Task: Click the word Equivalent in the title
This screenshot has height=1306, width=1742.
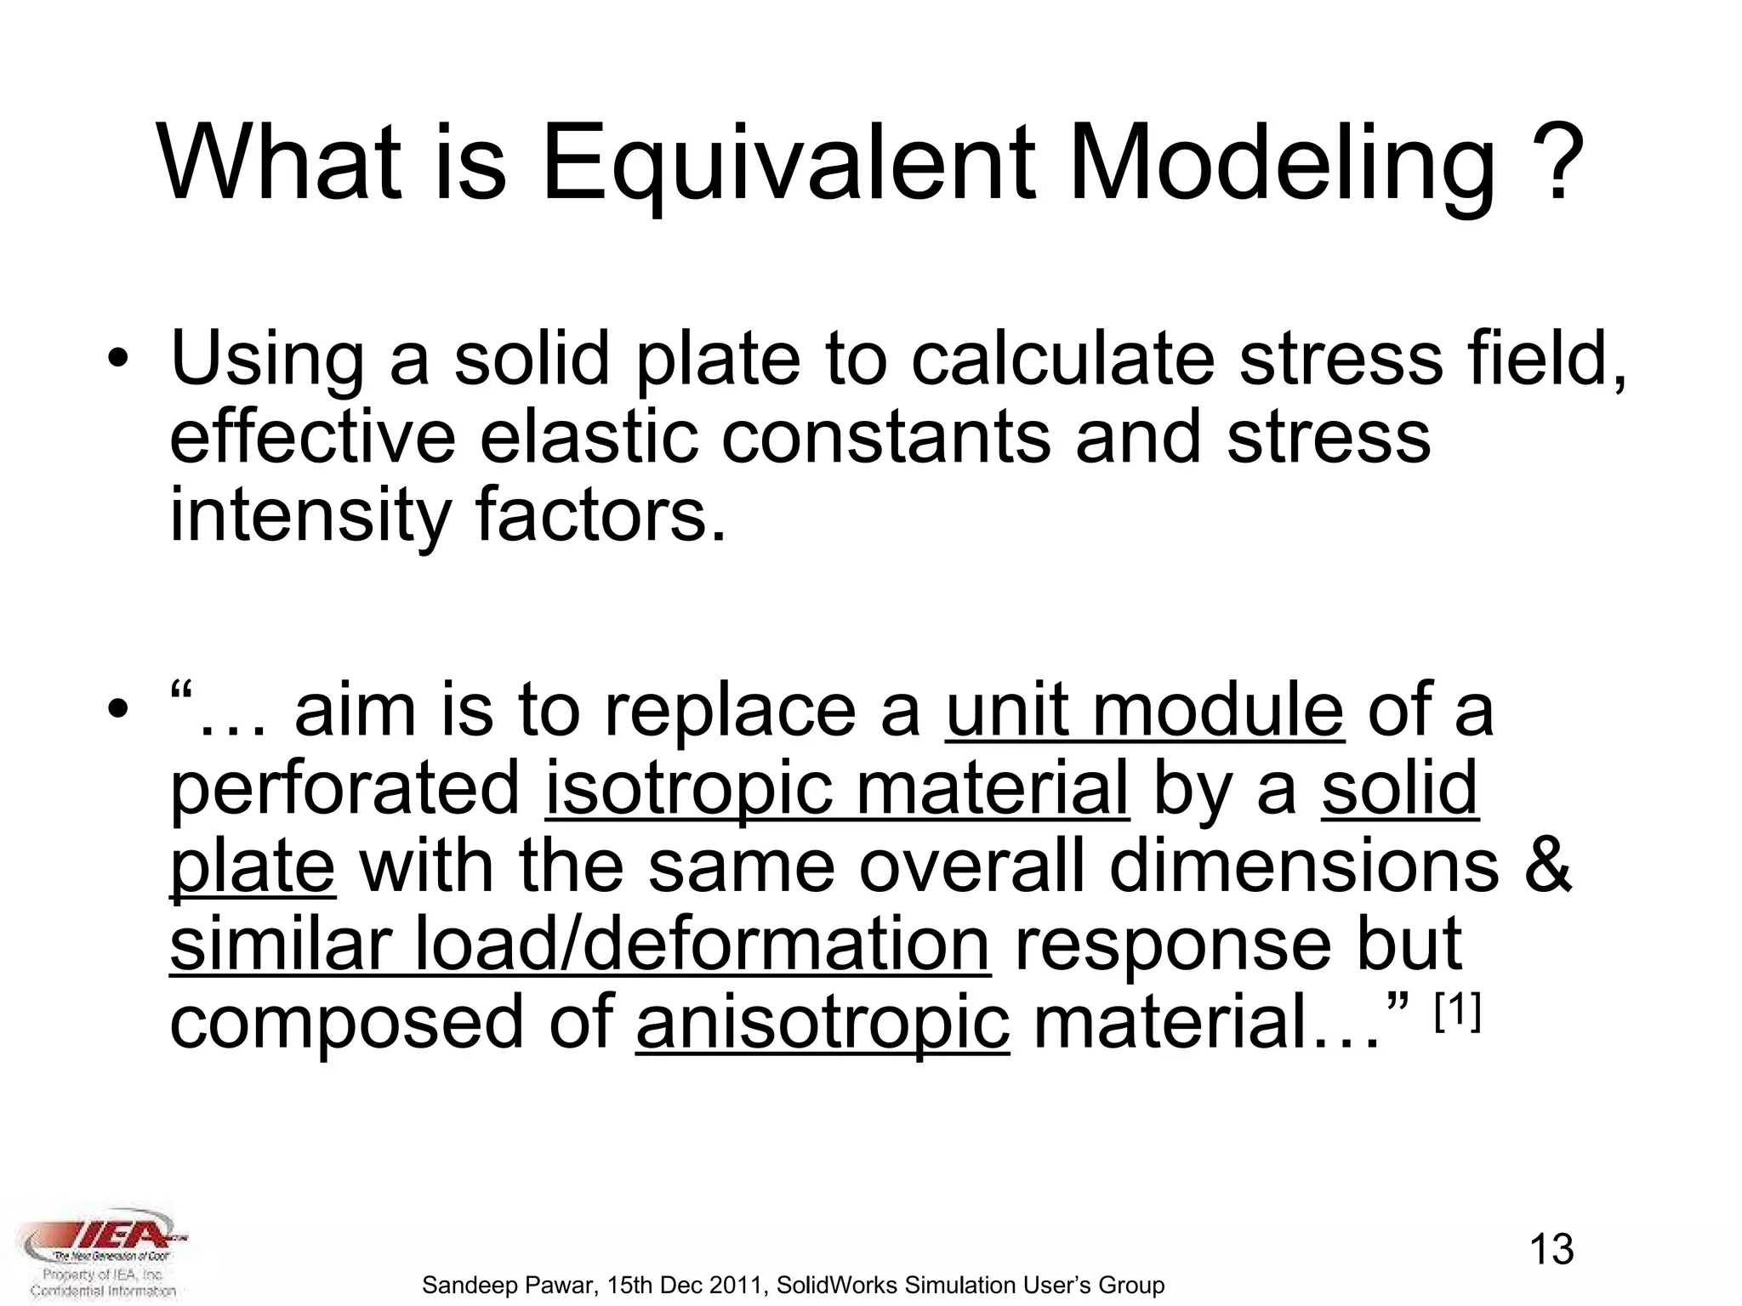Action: [x=788, y=166]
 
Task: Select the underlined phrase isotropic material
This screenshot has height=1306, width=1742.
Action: [x=837, y=788]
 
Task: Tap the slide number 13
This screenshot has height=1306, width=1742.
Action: [x=1551, y=1249]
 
